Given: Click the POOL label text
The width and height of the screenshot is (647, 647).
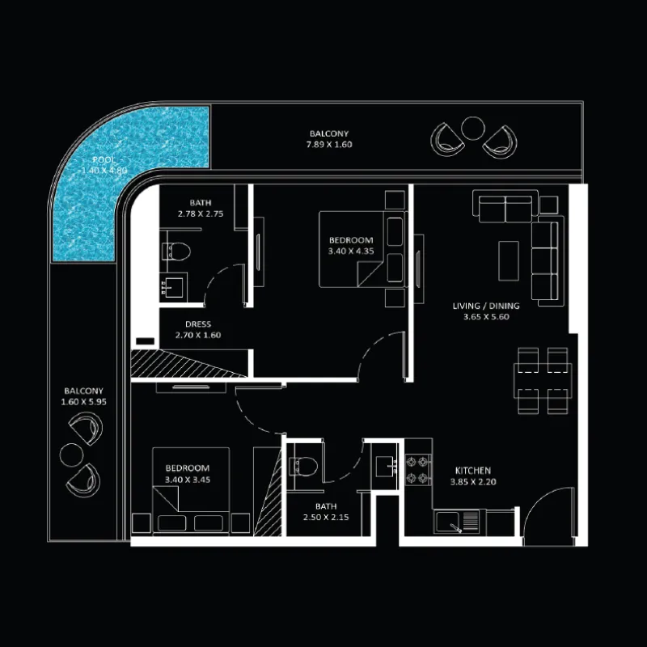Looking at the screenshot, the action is point(104,159).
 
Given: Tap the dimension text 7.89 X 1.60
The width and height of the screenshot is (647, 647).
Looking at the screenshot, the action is point(329,145).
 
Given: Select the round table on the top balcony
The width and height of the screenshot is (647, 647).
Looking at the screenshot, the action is point(472,129).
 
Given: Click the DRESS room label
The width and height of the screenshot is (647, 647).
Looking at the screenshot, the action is point(198,324).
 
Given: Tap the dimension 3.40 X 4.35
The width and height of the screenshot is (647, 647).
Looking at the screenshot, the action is point(351,251).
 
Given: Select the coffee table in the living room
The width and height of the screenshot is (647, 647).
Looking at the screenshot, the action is point(509,261).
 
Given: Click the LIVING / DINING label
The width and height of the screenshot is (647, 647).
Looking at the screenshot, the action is point(486,306).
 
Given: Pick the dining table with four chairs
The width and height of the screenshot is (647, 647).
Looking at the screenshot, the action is point(543,380).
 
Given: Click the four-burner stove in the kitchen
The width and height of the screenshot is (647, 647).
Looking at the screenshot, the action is point(418,470).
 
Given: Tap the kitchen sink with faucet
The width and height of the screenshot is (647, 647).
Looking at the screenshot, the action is point(457,522).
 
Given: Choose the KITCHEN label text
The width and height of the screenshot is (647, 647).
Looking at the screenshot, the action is point(473,471).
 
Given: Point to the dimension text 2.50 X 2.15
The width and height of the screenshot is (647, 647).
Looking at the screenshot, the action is point(326,517).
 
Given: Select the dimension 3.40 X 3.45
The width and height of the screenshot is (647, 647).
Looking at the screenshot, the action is point(188,480).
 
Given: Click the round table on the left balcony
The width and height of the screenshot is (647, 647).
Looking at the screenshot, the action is point(71,455).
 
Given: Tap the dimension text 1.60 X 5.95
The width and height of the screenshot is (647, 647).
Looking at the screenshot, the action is point(84,401).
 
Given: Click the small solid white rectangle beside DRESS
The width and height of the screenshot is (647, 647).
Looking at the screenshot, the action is point(146,341).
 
